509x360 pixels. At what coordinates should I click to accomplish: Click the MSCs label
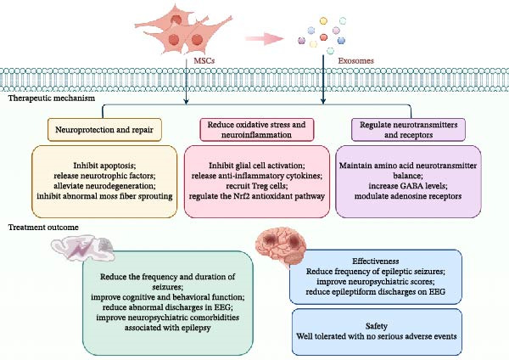click(204, 61)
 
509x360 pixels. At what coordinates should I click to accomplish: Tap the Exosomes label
click(355, 61)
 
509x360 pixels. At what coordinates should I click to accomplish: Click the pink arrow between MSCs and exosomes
click(264, 39)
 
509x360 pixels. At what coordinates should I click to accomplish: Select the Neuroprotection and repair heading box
click(104, 130)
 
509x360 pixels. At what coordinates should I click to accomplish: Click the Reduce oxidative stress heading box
click(257, 130)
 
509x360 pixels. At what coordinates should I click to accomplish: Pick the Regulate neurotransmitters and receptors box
click(408, 130)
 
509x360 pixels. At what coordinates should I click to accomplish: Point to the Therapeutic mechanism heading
click(52, 98)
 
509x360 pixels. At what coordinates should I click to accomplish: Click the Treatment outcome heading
click(43, 227)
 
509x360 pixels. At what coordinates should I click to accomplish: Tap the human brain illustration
click(281, 245)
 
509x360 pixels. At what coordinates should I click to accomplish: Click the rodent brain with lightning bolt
click(83, 248)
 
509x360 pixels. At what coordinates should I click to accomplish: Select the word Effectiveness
click(376, 261)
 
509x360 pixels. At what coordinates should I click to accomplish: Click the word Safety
click(377, 325)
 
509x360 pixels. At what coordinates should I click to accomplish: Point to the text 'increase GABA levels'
click(408, 186)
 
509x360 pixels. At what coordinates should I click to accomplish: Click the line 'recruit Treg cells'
click(257, 186)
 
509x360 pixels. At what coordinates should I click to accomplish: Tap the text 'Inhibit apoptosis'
click(104, 166)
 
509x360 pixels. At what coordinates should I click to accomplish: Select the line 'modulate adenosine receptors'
click(408, 196)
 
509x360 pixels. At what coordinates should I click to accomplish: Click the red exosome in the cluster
click(323, 37)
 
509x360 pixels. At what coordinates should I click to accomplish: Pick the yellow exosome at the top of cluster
click(323, 20)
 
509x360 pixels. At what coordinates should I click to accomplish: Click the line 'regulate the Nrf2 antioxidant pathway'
click(257, 196)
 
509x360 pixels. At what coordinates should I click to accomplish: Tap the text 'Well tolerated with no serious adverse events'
click(377, 336)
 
